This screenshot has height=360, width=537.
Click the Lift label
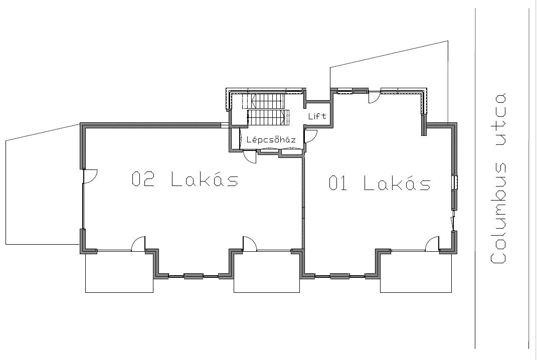(317, 116)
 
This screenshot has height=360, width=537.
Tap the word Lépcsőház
(271, 139)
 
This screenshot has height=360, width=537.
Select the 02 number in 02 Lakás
(143, 179)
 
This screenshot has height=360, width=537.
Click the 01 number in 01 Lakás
(338, 183)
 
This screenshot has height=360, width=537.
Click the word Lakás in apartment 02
(205, 179)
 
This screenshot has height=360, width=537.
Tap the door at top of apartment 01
(374, 97)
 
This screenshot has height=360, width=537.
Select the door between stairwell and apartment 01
(311, 136)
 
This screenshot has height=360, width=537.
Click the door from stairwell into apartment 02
(250, 157)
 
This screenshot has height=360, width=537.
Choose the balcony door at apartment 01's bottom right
(433, 244)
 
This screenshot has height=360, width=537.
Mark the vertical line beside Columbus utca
(475, 178)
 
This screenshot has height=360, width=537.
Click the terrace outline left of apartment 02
(6, 192)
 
